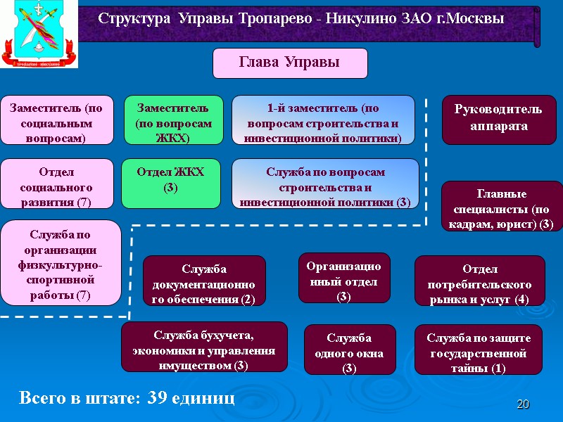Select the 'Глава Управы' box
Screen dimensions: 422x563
[x=290, y=63]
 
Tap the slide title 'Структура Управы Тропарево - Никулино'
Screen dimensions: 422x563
[x=301, y=19]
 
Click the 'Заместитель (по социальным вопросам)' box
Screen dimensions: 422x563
[x=56, y=120]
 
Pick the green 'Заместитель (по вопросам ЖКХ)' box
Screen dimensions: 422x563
[x=173, y=120]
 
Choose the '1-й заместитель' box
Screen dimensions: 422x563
[x=323, y=120]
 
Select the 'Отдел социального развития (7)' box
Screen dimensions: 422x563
[x=56, y=184]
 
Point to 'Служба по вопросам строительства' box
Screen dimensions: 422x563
[x=325, y=184]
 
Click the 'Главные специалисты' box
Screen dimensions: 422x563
[x=498, y=206]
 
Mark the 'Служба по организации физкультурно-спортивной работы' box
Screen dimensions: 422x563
[x=61, y=263]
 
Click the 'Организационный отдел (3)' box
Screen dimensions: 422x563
[x=344, y=278]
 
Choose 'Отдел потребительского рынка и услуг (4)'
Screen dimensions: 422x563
[x=480, y=281]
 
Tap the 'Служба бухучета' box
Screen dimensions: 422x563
[x=204, y=347]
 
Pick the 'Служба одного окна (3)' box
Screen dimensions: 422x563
[x=350, y=349]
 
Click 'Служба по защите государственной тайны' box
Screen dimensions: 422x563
[x=479, y=349]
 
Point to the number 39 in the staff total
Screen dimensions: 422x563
[x=159, y=399]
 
